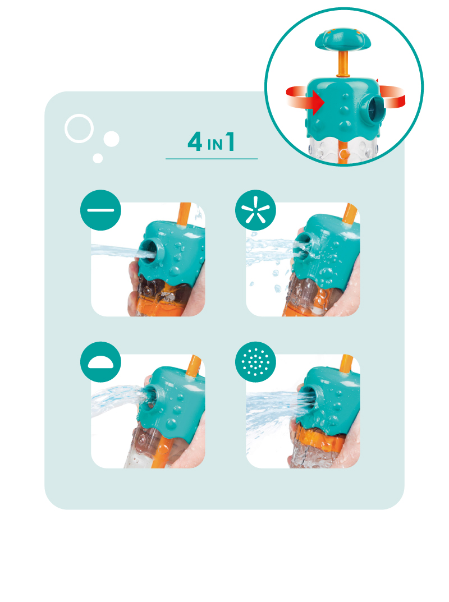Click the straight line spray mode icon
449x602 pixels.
(100, 210)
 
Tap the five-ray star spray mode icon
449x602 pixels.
(255, 210)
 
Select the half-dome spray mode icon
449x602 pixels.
(100, 362)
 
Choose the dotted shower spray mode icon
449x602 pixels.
(255, 362)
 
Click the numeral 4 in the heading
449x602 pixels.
(195, 142)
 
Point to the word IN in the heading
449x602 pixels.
(215, 145)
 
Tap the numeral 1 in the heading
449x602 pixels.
(230, 142)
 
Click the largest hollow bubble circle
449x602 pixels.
(79, 128)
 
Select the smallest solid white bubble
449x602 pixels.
(98, 158)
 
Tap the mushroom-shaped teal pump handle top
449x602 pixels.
(342, 39)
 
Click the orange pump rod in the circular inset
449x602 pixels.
(342, 64)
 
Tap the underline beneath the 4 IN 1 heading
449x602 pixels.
(212, 159)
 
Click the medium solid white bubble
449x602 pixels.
(111, 139)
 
